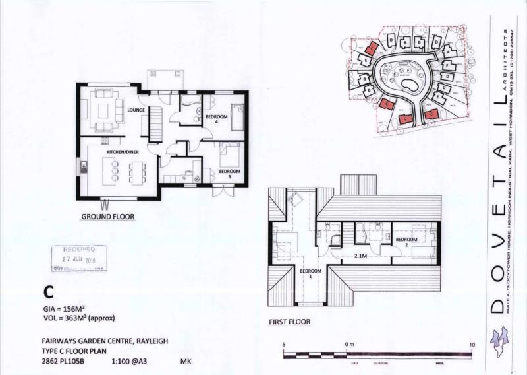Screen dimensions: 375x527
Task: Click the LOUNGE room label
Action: (127, 110)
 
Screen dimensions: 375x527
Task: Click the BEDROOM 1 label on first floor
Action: (310, 274)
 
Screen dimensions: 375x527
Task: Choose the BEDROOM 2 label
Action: (406, 242)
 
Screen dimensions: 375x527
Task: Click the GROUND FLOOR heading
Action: (107, 217)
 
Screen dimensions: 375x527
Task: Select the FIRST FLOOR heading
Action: (290, 322)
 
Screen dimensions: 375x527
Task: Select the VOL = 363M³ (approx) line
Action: (78, 318)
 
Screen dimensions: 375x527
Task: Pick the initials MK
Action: (186, 362)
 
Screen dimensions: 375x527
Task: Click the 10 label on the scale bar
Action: (471, 345)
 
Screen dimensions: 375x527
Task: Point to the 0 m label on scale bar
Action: (348, 345)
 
